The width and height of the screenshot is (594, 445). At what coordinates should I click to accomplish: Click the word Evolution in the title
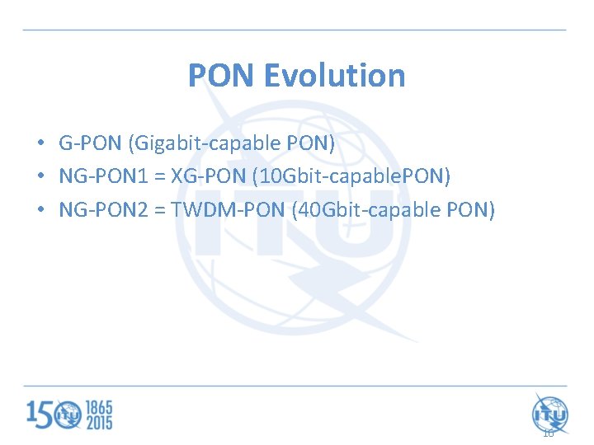[334, 76]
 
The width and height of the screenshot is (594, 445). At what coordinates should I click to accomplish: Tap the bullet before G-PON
[40, 144]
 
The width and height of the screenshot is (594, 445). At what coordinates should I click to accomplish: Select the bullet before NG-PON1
[40, 177]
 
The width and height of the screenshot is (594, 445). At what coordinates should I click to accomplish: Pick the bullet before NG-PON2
[40, 210]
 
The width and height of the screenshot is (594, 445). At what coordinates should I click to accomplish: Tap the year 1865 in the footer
[97, 407]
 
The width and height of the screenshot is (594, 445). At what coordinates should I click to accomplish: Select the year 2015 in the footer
[97, 422]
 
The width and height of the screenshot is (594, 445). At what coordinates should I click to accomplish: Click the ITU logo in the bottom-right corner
[549, 412]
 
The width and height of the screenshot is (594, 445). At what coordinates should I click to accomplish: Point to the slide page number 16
[548, 433]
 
